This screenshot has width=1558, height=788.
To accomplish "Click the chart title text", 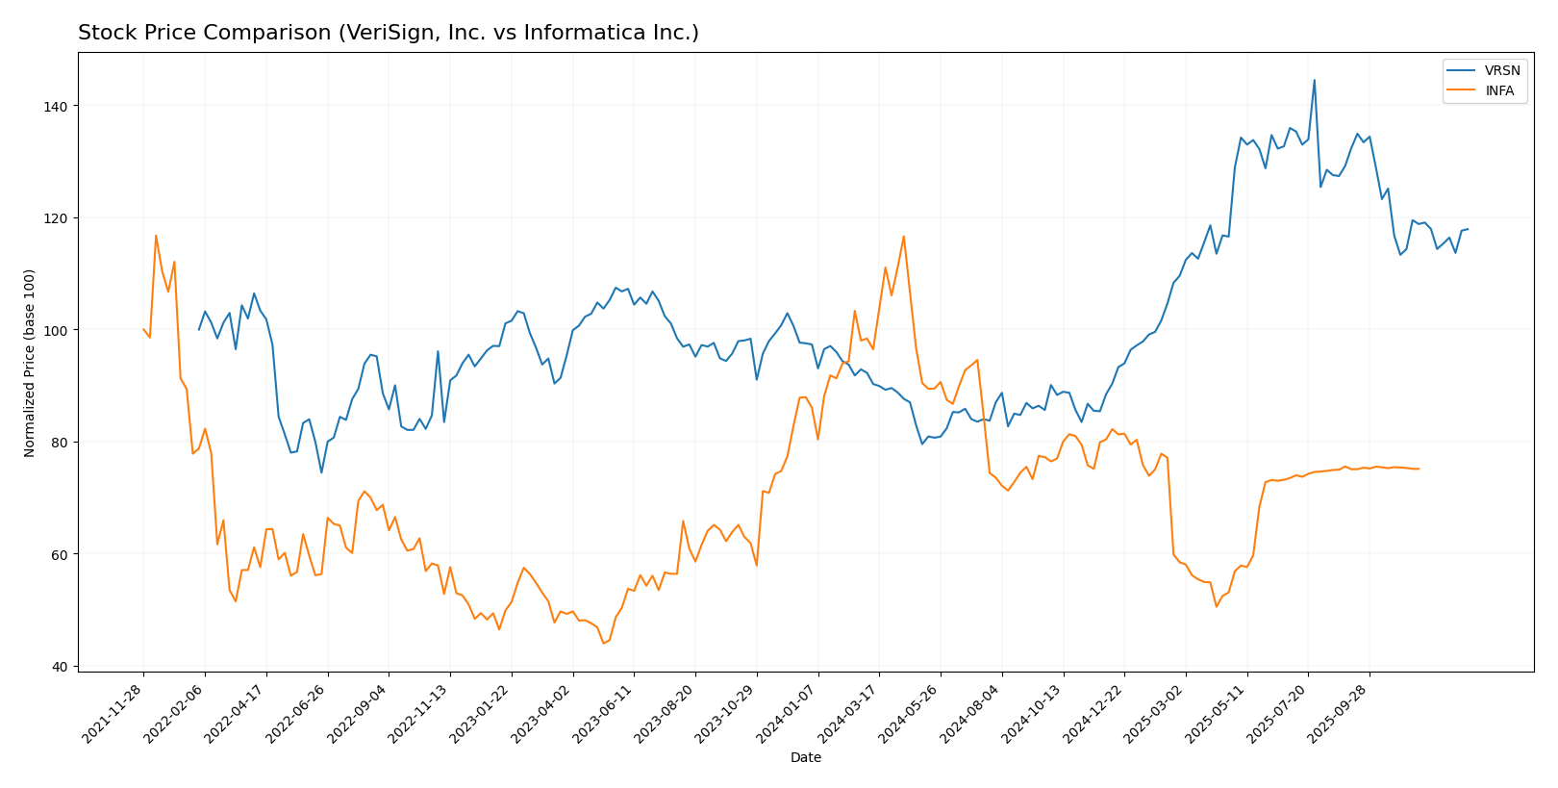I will click(388, 33).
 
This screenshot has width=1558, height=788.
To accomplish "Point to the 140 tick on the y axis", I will click(61, 106).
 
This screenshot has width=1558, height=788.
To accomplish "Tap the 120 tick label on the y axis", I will click(61, 218).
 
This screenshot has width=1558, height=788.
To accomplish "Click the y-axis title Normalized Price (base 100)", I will click(30, 363).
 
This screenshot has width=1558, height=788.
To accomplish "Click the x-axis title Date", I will click(805, 757).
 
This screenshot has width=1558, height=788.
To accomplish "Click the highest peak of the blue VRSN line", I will click(1314, 81).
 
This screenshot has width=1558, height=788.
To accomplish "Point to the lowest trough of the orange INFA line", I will click(603, 643).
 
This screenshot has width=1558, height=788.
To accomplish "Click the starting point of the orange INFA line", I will click(143, 329).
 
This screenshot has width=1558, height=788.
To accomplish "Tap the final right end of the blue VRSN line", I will click(1468, 229).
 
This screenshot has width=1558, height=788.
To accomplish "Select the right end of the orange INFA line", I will click(1419, 469).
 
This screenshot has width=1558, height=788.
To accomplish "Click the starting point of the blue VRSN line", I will click(199, 329).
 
